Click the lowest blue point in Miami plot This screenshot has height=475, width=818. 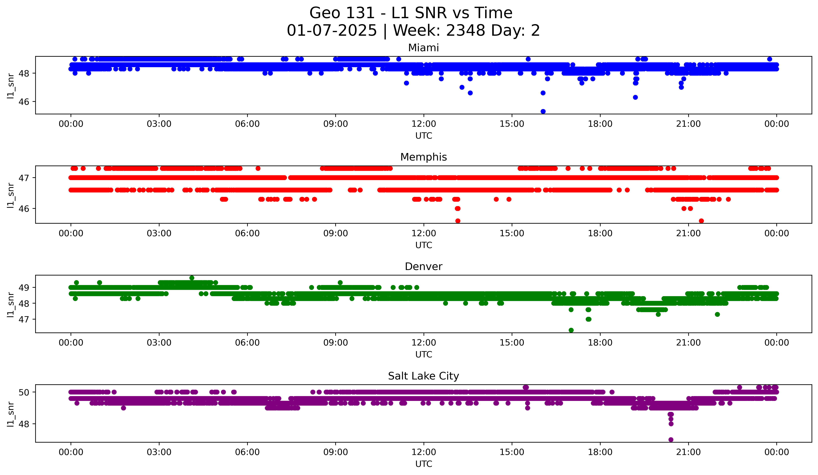click(543, 111)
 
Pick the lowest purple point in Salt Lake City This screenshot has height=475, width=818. click(671, 440)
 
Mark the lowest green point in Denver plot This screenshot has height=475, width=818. click(571, 330)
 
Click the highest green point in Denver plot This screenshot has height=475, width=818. click(192, 278)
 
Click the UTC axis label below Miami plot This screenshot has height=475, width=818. click(424, 136)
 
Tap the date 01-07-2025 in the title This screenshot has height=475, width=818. click(332, 31)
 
